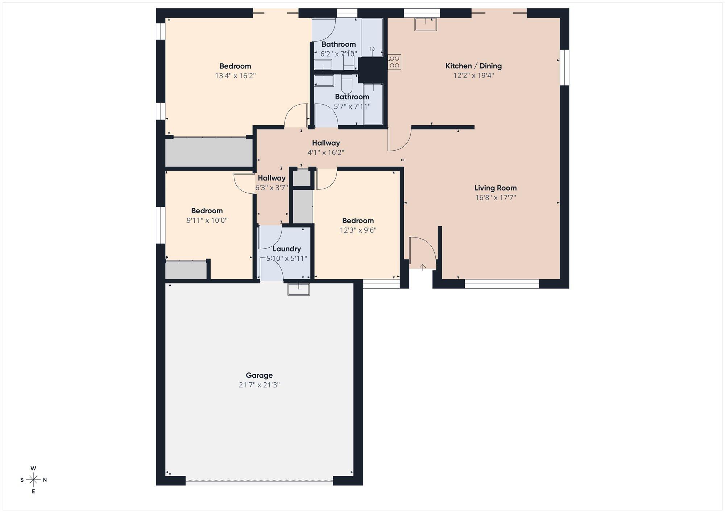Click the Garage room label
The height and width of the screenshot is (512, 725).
[259, 375]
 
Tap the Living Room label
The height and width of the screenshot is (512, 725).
[496, 188]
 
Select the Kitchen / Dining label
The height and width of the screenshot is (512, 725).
[473, 66]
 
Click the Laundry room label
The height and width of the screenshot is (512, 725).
[287, 249]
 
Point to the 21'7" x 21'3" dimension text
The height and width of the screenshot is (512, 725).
[259, 385]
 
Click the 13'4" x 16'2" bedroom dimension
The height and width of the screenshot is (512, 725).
[235, 76]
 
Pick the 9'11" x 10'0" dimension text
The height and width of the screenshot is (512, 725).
[207, 221]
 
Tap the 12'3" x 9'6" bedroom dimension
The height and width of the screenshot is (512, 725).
[358, 230]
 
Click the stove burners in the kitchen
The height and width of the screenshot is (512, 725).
[395, 62]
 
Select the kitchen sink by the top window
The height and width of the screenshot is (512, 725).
[426, 24]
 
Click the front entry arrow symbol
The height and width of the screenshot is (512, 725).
[423, 268]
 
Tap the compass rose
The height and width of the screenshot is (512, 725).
[33, 480]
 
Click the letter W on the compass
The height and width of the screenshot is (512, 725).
[33, 468]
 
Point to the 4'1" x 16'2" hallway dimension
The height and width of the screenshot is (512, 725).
[326, 152]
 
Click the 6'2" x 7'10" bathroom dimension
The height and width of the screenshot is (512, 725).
[339, 54]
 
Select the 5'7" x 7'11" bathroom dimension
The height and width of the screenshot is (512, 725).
[352, 106]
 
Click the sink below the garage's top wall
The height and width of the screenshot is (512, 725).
[299, 289]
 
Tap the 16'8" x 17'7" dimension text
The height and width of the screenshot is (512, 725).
[496, 198]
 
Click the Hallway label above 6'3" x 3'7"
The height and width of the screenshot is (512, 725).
[272, 178]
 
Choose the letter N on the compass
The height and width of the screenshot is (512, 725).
[45, 480]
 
